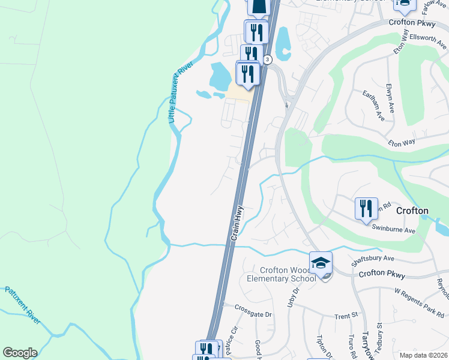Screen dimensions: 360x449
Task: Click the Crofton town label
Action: point(412,211)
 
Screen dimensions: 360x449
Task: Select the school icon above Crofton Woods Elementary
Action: point(321,264)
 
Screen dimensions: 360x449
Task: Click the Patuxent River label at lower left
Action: point(23,306)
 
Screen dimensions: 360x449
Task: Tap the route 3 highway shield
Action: point(267,59)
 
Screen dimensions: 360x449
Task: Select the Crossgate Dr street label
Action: point(253,314)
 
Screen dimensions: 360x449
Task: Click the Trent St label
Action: point(346,315)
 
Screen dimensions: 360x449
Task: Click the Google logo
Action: point(20,353)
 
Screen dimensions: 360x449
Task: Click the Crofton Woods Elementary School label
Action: point(288,274)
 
